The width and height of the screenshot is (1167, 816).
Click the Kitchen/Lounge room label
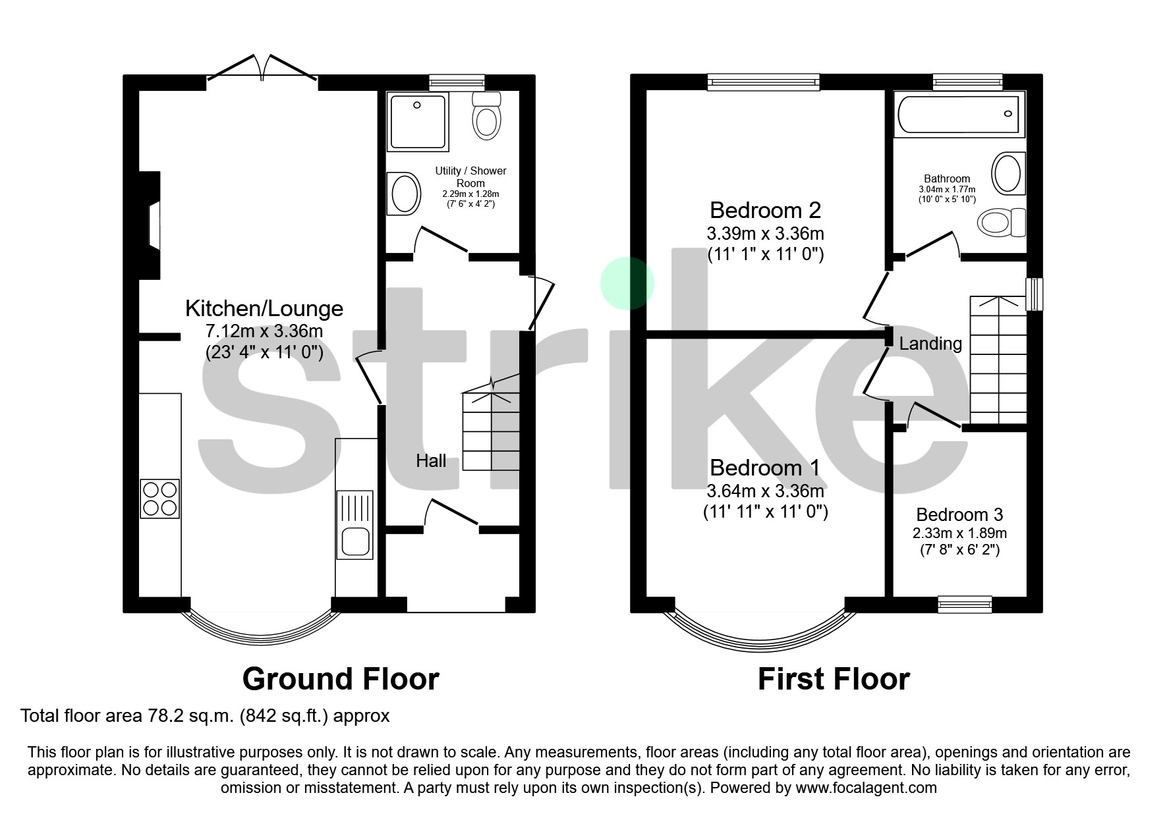[x=264, y=308]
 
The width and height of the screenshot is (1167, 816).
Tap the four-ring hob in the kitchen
[x=160, y=499]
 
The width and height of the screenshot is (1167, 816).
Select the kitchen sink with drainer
[x=355, y=525]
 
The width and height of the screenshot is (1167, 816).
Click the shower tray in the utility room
[x=418, y=122]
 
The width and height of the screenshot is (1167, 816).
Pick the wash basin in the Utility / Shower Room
[x=405, y=194]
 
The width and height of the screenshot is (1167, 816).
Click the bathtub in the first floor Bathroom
[x=959, y=114]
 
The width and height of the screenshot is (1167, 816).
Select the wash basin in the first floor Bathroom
[x=1009, y=173]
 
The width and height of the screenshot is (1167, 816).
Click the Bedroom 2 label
[x=766, y=210]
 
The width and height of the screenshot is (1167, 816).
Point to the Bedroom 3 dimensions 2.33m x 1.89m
[x=959, y=533]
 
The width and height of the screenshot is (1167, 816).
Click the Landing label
[x=930, y=344]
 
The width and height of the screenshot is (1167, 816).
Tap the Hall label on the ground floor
[x=431, y=461]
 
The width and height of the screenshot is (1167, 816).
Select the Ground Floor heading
[x=341, y=679]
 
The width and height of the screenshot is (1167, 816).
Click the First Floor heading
[x=834, y=679]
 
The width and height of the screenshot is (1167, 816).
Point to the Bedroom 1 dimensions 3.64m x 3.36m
[x=766, y=491]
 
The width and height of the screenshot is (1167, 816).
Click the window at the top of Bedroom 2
[x=764, y=82]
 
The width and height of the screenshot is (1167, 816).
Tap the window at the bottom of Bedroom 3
[x=965, y=604]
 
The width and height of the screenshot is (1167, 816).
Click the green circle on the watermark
[x=627, y=283]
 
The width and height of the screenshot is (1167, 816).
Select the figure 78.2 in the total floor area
[x=160, y=716]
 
